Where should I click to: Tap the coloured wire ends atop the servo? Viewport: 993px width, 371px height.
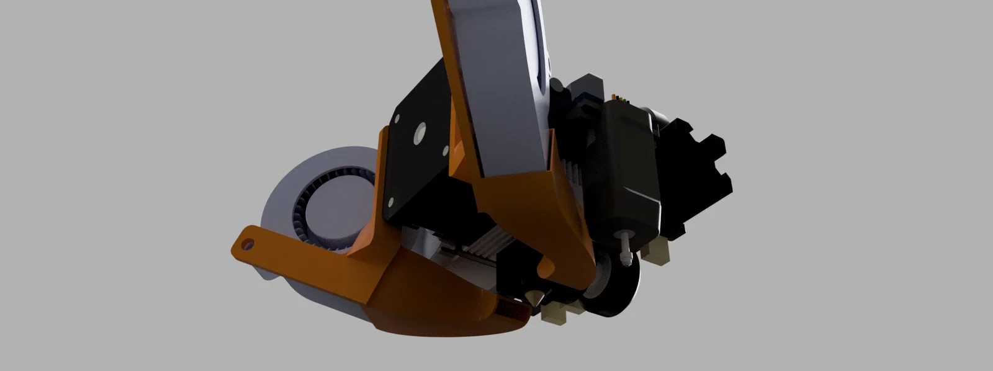pyautogui.click(x=618, y=98)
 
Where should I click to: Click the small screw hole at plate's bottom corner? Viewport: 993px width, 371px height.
pyautogui.click(x=392, y=202)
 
